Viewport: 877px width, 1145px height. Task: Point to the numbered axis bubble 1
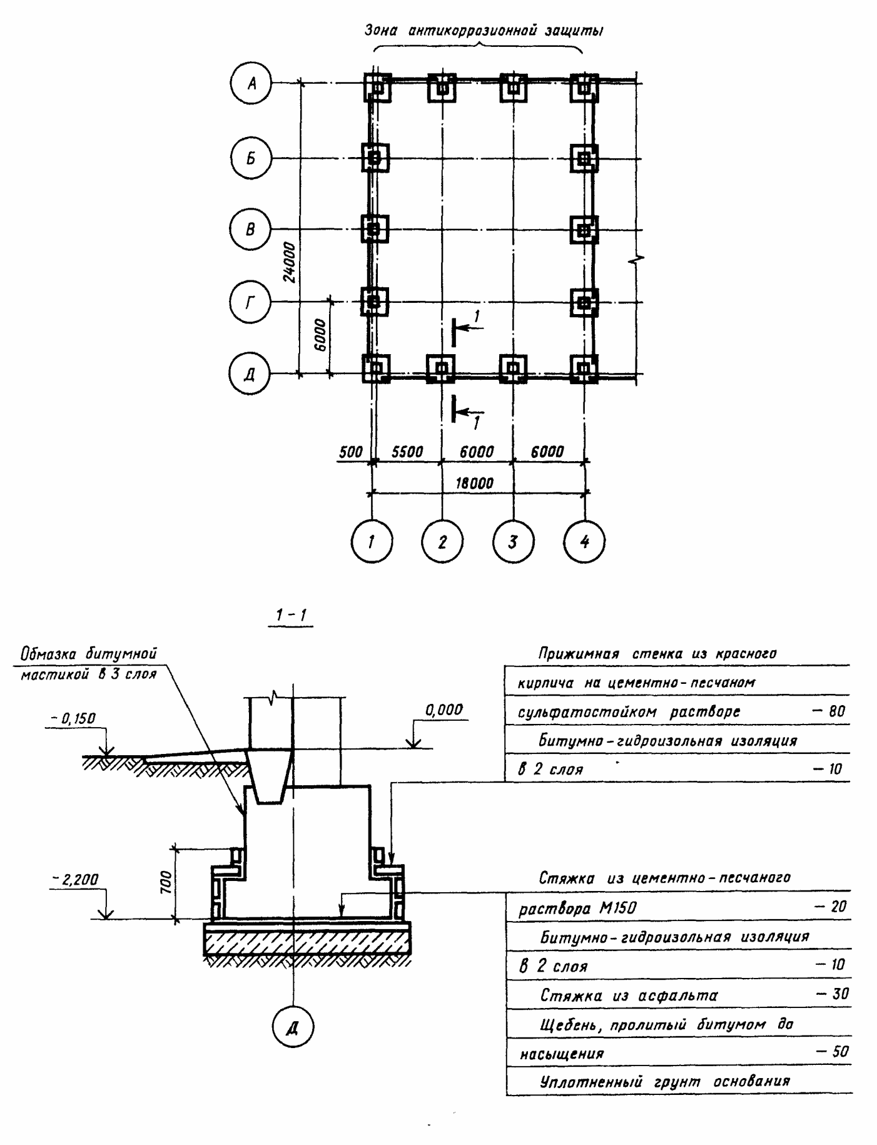click(x=372, y=541)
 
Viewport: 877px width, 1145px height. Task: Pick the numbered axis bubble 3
click(x=513, y=541)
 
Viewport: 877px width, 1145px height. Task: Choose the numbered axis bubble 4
click(x=585, y=541)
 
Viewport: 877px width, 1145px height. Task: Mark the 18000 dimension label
click(x=475, y=483)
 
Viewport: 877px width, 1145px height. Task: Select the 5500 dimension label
click(x=407, y=452)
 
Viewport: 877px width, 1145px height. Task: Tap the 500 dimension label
click(x=351, y=452)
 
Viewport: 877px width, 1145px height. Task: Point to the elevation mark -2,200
click(x=75, y=880)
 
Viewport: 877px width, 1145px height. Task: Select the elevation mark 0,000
click(x=444, y=710)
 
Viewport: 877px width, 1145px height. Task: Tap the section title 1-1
click(x=290, y=616)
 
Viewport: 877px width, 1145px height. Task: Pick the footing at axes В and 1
click(x=374, y=229)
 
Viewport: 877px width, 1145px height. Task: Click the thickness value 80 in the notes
click(x=836, y=711)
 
